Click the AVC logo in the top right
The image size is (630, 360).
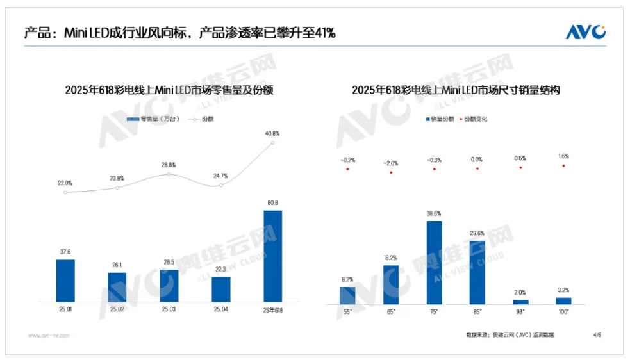585,31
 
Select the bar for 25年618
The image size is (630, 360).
273,256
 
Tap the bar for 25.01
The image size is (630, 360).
65,280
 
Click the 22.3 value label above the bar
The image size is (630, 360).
220,269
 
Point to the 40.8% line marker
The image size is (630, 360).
272,143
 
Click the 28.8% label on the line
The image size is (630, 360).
169,165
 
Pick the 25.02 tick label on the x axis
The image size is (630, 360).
117,309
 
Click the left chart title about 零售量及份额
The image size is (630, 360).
169,90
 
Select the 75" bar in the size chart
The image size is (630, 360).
434,262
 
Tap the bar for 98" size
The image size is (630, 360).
520,301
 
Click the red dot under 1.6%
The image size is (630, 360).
563,166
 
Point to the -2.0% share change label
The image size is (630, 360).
390,163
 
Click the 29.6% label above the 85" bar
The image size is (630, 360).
477,234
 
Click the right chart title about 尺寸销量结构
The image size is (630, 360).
456,90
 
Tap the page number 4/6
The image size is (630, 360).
597,334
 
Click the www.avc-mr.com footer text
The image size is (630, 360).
49,335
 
